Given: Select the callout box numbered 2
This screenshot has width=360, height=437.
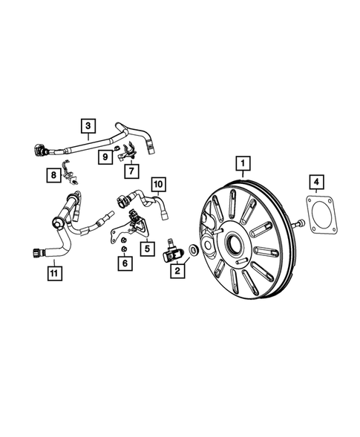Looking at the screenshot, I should tap(177, 272).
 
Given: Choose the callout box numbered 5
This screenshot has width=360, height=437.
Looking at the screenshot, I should tap(147, 249).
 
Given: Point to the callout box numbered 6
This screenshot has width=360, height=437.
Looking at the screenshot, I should tap(125, 263).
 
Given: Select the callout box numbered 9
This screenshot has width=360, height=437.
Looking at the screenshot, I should tap(106, 157).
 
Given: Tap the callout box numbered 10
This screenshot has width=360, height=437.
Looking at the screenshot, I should tap(157, 183).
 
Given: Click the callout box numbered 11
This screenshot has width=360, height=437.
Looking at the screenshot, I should tap(53, 273).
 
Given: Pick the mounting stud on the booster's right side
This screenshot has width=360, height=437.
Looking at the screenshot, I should tap(298, 223).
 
